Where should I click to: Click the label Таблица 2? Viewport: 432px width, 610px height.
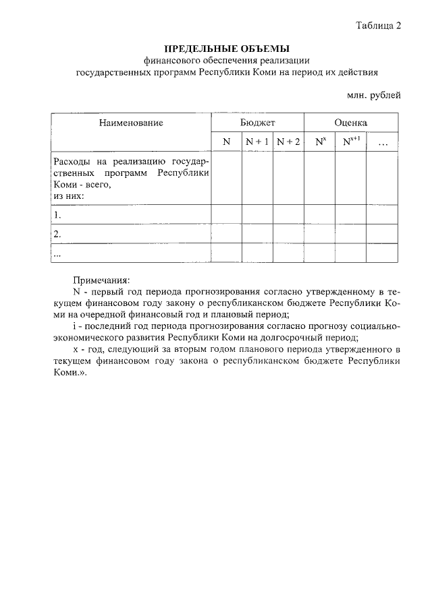pyautogui.click(x=378, y=26)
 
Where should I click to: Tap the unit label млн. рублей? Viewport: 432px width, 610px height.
pyautogui.click(x=373, y=95)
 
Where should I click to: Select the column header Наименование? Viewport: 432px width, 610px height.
pyautogui.click(x=131, y=123)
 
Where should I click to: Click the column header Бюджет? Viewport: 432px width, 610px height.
pyautogui.click(x=257, y=123)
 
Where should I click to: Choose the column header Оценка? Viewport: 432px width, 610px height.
pyautogui.click(x=350, y=123)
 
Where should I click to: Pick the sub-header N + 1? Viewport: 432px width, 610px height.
pyautogui.click(x=257, y=142)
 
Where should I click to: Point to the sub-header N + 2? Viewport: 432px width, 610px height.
pyautogui.click(x=288, y=142)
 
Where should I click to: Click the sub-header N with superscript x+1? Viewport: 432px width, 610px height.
pyautogui.click(x=351, y=142)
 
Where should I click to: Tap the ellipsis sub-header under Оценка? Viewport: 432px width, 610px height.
pyautogui.click(x=383, y=143)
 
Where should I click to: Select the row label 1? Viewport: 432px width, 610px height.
pyautogui.click(x=57, y=216)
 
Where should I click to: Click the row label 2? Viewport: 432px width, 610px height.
pyautogui.click(x=57, y=235)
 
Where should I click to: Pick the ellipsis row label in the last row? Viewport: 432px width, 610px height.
pyautogui.click(x=57, y=253)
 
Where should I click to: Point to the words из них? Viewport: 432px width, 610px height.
pyautogui.click(x=68, y=195)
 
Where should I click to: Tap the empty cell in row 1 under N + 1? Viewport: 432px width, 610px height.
pyautogui.click(x=257, y=215)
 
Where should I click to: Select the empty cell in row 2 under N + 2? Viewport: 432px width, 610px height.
pyautogui.click(x=288, y=234)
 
